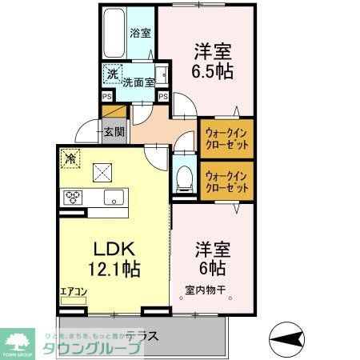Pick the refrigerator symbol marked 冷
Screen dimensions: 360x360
coord(70,158)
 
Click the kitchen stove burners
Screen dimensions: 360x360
coord(74,198)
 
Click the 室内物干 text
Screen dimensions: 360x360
coord(206,290)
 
